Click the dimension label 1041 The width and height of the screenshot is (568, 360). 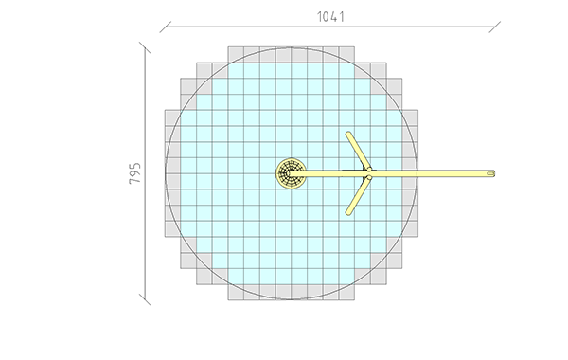tap(330, 17)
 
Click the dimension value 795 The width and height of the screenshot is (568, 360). tap(134, 173)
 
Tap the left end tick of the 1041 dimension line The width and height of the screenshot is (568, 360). tap(165, 27)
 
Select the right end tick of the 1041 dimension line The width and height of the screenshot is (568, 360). tap(495, 27)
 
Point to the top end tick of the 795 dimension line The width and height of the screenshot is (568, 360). tap(145, 47)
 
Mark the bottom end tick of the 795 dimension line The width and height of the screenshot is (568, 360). tap(145, 299)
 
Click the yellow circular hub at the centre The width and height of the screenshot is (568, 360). tap(291, 173)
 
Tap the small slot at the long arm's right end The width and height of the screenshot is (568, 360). tap(490, 173)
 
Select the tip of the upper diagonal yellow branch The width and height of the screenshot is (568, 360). tap(348, 134)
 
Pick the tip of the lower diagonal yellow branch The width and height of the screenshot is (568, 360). tap(348, 213)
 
